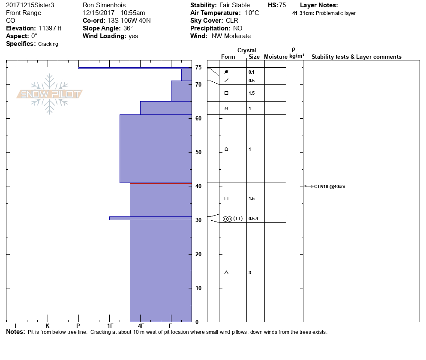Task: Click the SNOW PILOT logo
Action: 49,94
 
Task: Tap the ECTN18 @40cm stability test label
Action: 328,186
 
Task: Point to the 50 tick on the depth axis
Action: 198,152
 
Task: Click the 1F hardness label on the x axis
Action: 110,326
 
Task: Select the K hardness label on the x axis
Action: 48,326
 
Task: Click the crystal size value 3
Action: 250,273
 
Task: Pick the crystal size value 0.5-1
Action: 253,219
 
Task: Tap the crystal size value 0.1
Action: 252,72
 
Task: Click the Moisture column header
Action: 276,57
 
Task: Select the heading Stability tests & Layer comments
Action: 356,57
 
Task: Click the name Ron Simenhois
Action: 105,5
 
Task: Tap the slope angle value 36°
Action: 125,28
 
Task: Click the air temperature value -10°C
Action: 251,13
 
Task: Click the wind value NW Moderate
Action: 231,36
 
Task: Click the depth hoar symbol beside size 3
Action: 226,273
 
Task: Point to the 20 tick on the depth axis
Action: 198,254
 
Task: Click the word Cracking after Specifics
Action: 48,44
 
